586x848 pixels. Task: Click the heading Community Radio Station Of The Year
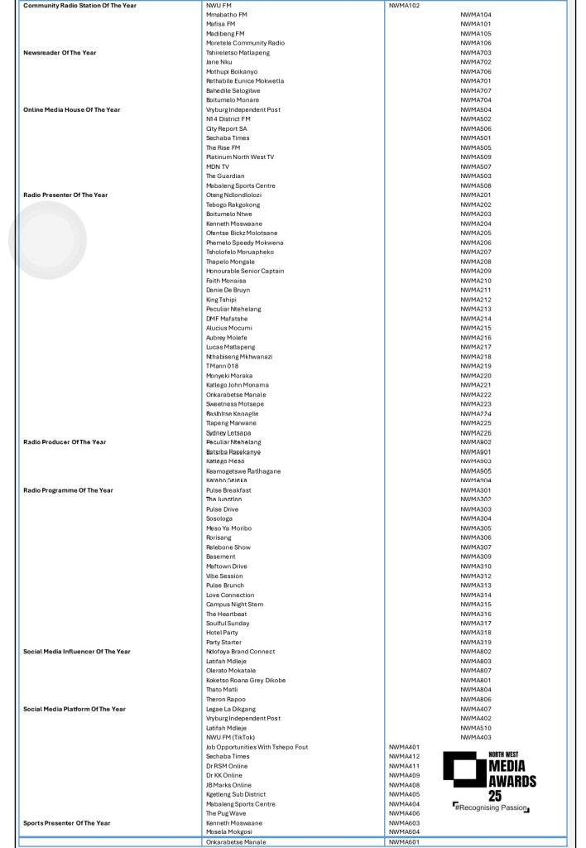[x=79, y=6]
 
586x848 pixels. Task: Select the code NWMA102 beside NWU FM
[x=405, y=6]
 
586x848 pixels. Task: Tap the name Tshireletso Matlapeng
[x=238, y=53]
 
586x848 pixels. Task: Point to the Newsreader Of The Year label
[x=60, y=53]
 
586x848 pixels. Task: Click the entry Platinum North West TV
[x=240, y=157]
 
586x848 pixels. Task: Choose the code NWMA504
[x=476, y=110]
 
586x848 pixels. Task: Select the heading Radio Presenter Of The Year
[x=65, y=195]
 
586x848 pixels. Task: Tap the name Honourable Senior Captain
[x=245, y=272]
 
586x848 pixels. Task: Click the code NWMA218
[x=476, y=357]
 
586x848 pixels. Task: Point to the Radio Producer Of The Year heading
[x=65, y=442]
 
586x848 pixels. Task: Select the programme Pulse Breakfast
[x=228, y=490]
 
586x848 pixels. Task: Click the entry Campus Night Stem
[x=234, y=605]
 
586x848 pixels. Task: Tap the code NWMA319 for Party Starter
[x=476, y=643]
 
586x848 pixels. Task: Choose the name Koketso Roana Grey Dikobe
[x=246, y=681]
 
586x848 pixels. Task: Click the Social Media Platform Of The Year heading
[x=74, y=709]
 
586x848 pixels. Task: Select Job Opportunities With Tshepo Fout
[x=257, y=747]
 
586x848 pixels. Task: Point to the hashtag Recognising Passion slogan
[x=490, y=807]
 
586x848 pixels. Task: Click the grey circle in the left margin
[x=47, y=239]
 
